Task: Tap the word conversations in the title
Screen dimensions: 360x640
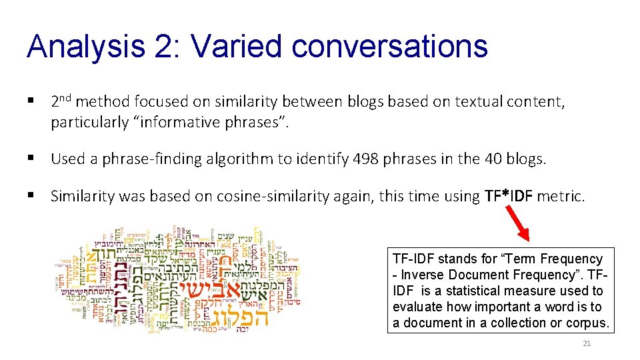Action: tap(390, 47)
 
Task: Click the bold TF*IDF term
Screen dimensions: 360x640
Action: tap(509, 196)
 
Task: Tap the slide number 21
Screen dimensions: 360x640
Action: tap(587, 343)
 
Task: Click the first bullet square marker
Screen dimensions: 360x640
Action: tap(30, 101)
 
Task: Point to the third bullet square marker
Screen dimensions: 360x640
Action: tap(30, 196)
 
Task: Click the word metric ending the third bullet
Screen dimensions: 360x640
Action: tap(561, 196)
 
